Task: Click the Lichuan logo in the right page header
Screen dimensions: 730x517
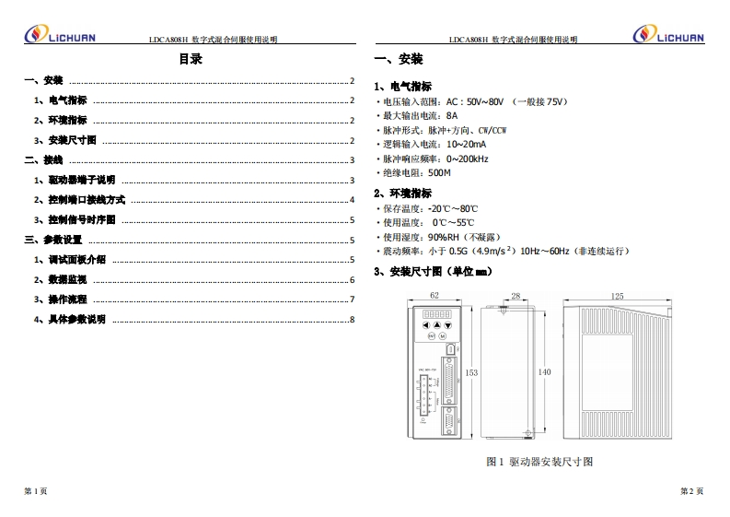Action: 669,36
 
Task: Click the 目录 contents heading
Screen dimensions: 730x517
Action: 191,60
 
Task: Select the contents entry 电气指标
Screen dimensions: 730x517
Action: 67,100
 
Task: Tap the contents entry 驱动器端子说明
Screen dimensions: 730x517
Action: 81,180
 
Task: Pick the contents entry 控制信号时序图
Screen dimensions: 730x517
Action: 81,220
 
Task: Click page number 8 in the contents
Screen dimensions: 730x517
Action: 352,320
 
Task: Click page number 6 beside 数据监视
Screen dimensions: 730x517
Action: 352,280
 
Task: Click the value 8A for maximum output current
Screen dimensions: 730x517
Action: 451,116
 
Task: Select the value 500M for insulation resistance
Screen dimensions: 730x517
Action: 440,172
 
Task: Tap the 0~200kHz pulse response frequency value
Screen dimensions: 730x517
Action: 468,159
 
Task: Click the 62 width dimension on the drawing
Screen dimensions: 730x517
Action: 435,295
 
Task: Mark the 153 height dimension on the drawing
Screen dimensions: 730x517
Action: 471,372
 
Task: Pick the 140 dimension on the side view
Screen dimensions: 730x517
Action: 544,371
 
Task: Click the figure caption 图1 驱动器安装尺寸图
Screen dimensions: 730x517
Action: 539,461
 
